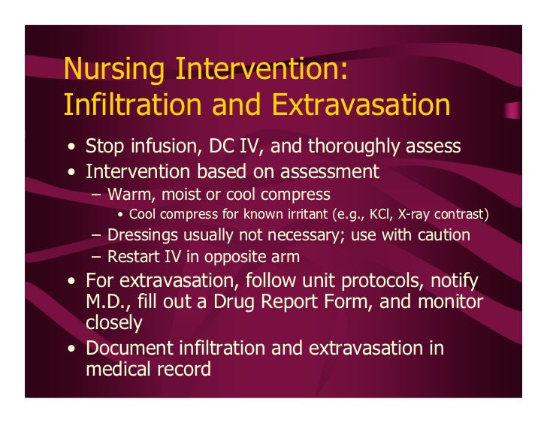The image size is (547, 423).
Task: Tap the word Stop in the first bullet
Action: coord(104,146)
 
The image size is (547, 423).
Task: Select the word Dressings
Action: coord(144,235)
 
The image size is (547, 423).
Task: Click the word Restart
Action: coord(134,257)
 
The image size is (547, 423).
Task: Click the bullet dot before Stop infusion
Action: coord(70,147)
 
